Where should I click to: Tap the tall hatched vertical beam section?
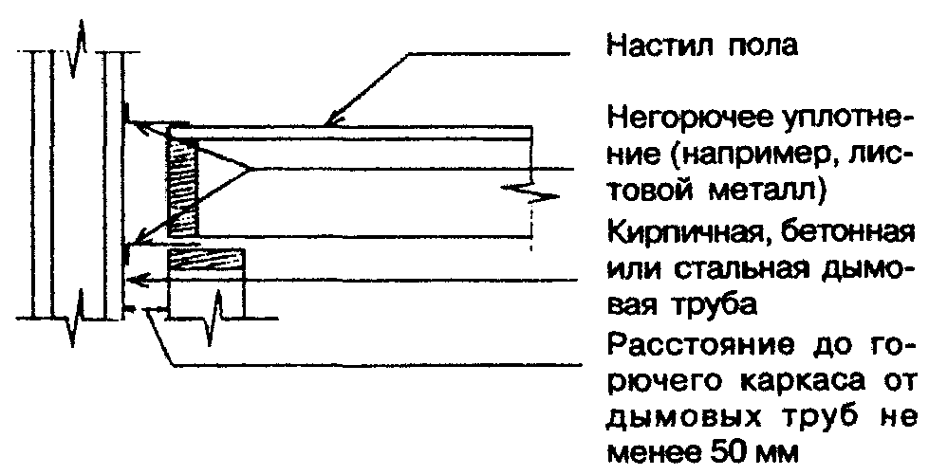pyautogui.click(x=182, y=188)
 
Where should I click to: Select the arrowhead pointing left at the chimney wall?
pyautogui.click(x=139, y=279)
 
